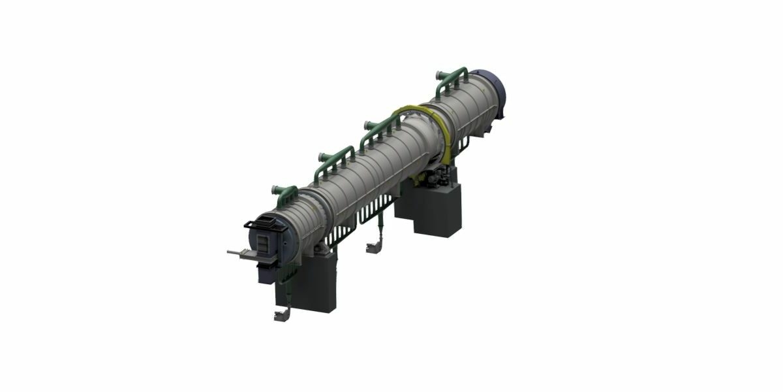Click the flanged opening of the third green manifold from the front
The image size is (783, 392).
click(x=368, y=123)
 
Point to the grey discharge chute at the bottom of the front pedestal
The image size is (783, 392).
click(x=281, y=316)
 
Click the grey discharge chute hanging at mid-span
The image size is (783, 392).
click(x=373, y=247)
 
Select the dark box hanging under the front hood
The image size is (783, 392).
click(x=264, y=271)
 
